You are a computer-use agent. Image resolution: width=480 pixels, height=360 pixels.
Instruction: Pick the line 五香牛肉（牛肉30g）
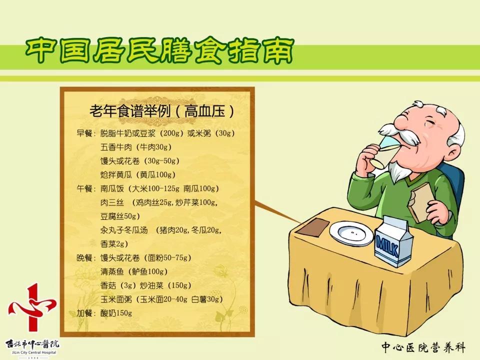point(136,147)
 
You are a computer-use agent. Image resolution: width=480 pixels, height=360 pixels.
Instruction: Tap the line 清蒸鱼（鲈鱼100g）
point(134,272)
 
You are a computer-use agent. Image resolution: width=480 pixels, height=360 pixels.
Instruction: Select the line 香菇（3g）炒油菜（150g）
point(145,285)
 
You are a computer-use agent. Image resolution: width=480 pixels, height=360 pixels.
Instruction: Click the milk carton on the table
point(394,242)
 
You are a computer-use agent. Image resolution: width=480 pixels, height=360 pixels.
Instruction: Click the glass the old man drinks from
point(381,154)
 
